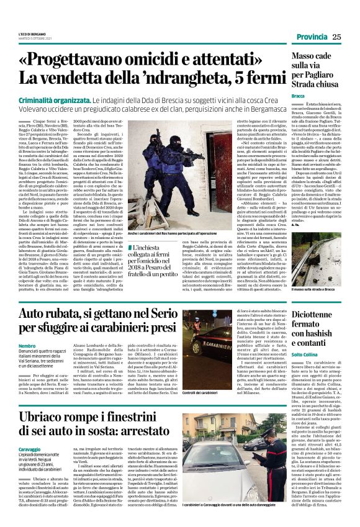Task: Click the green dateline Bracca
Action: pos(298,96)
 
